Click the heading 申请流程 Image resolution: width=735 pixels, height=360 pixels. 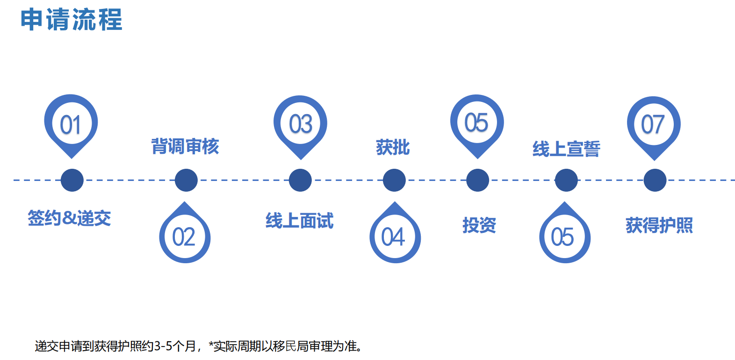(72, 20)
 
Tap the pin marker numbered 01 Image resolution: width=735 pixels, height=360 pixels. (71, 126)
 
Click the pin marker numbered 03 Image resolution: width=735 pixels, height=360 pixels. (300, 127)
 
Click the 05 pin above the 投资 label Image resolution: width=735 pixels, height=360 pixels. (477, 126)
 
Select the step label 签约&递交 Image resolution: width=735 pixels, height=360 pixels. (69, 218)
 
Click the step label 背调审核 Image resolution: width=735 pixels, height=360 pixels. (185, 146)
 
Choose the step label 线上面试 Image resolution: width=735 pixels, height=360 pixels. (300, 221)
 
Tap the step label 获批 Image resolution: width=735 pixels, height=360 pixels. (393, 147)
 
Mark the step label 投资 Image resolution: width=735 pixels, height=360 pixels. (479, 225)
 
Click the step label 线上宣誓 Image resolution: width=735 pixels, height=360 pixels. (566, 149)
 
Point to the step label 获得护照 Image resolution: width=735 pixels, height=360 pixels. (659, 225)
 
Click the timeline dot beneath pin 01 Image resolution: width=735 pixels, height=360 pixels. (72, 180)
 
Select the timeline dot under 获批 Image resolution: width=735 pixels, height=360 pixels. (394, 180)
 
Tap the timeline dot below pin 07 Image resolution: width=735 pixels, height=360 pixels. (655, 180)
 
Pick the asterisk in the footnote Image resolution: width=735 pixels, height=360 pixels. (211, 344)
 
